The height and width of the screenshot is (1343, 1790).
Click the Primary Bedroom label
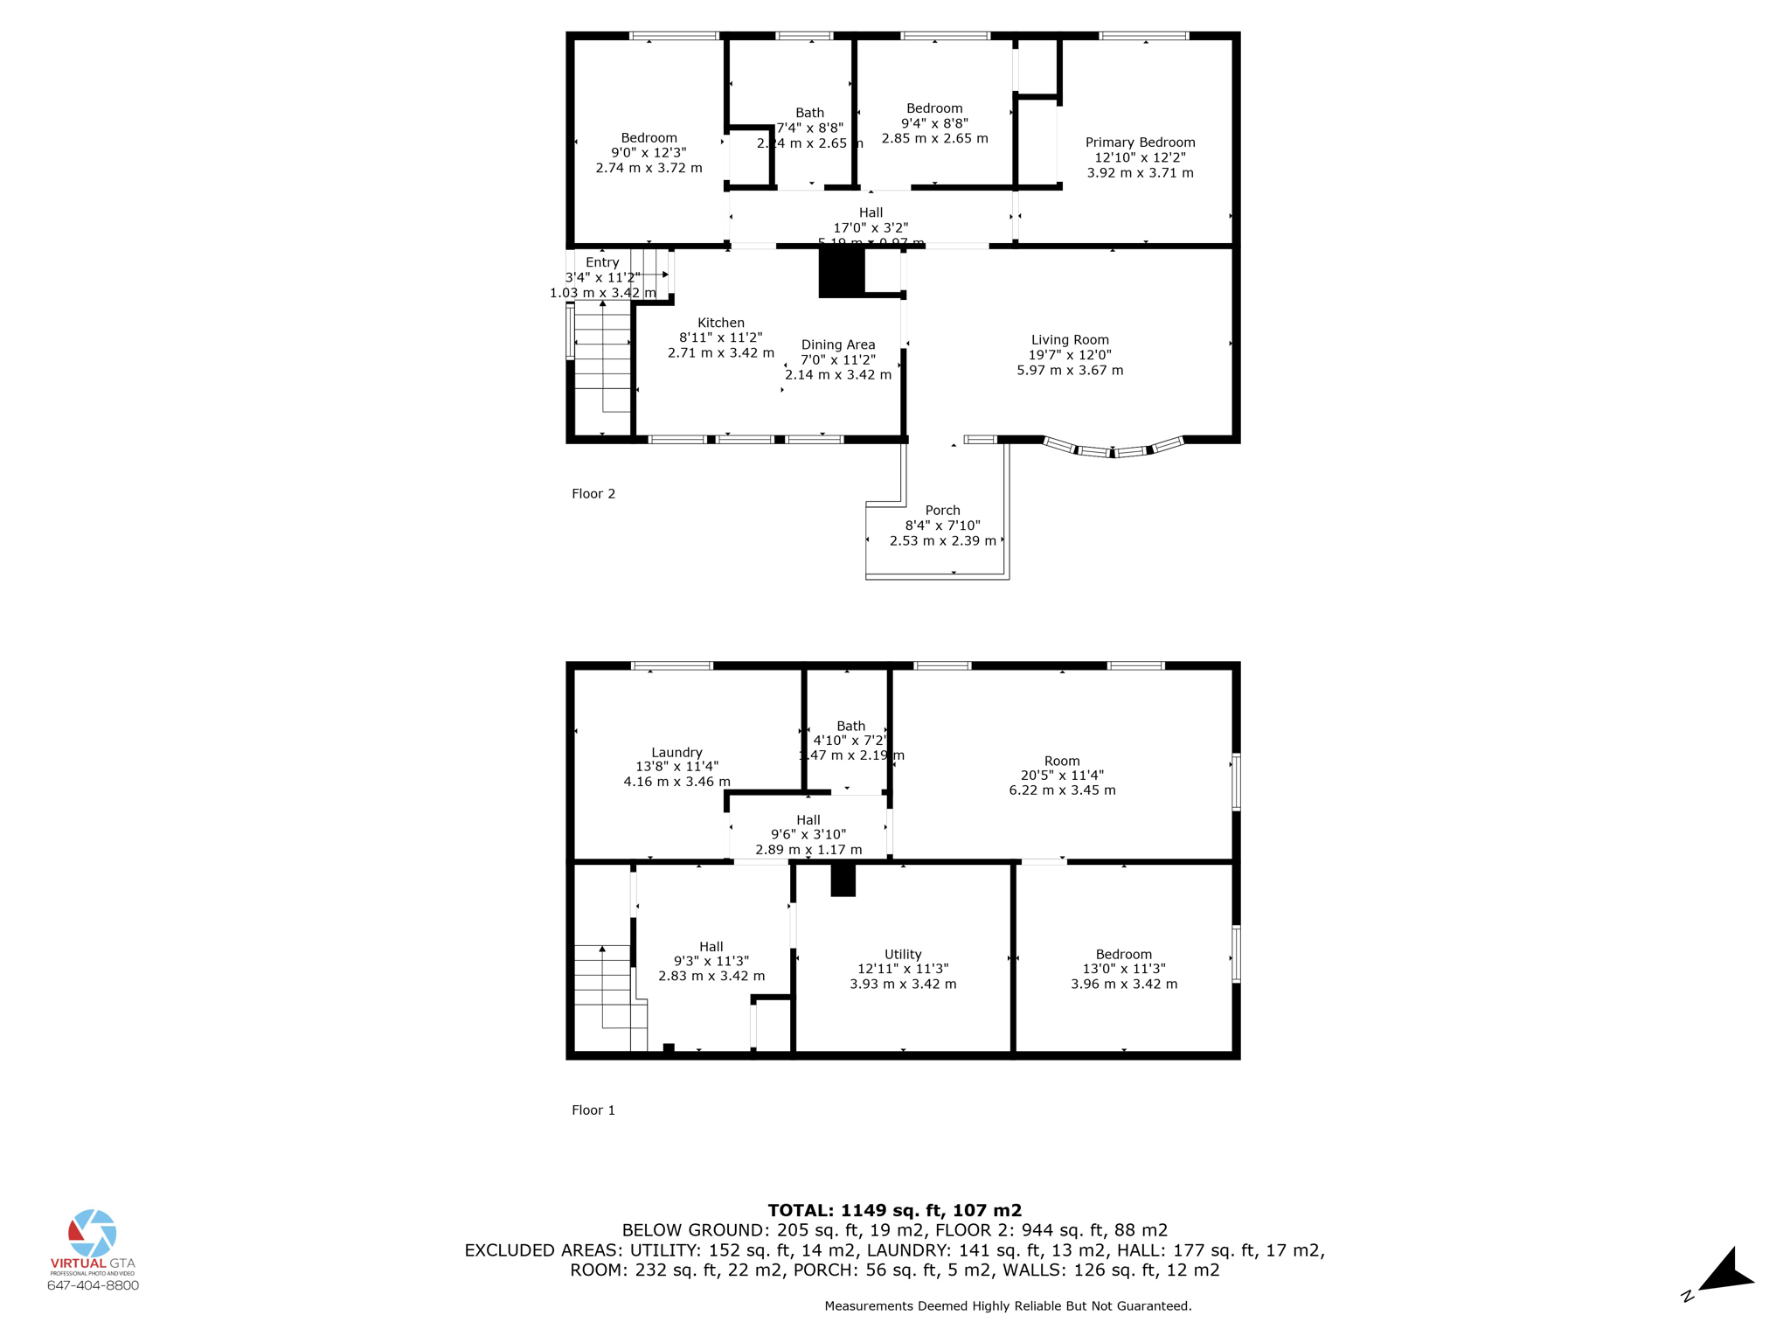coord(1140,143)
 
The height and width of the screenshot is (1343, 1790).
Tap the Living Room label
coord(1070,340)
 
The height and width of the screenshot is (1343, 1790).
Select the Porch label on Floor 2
coord(942,511)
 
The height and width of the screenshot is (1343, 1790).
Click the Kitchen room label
coord(721,323)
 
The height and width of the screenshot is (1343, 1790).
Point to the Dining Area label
coord(837,344)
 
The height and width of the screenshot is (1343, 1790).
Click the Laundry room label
coord(676,752)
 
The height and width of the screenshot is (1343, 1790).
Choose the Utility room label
coord(903,954)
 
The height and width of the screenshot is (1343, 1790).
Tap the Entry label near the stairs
coord(602,262)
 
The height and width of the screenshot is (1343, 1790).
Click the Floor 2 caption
coord(593,494)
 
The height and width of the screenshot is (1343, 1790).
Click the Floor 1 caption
coord(593,1110)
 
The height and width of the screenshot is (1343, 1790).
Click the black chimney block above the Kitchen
coord(841,273)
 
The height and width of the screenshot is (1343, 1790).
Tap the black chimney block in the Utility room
coord(843,880)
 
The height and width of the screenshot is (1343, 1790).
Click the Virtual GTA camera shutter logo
coord(93,1233)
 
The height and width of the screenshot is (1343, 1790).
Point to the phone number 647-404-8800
coord(93,1285)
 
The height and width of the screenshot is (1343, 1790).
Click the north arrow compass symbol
coord(1723,1273)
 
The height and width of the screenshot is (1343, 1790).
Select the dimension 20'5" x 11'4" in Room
coord(1062,776)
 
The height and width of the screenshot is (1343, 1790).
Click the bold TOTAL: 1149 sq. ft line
coord(894,1210)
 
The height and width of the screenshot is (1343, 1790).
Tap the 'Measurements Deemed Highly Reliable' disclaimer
coord(1008,1306)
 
